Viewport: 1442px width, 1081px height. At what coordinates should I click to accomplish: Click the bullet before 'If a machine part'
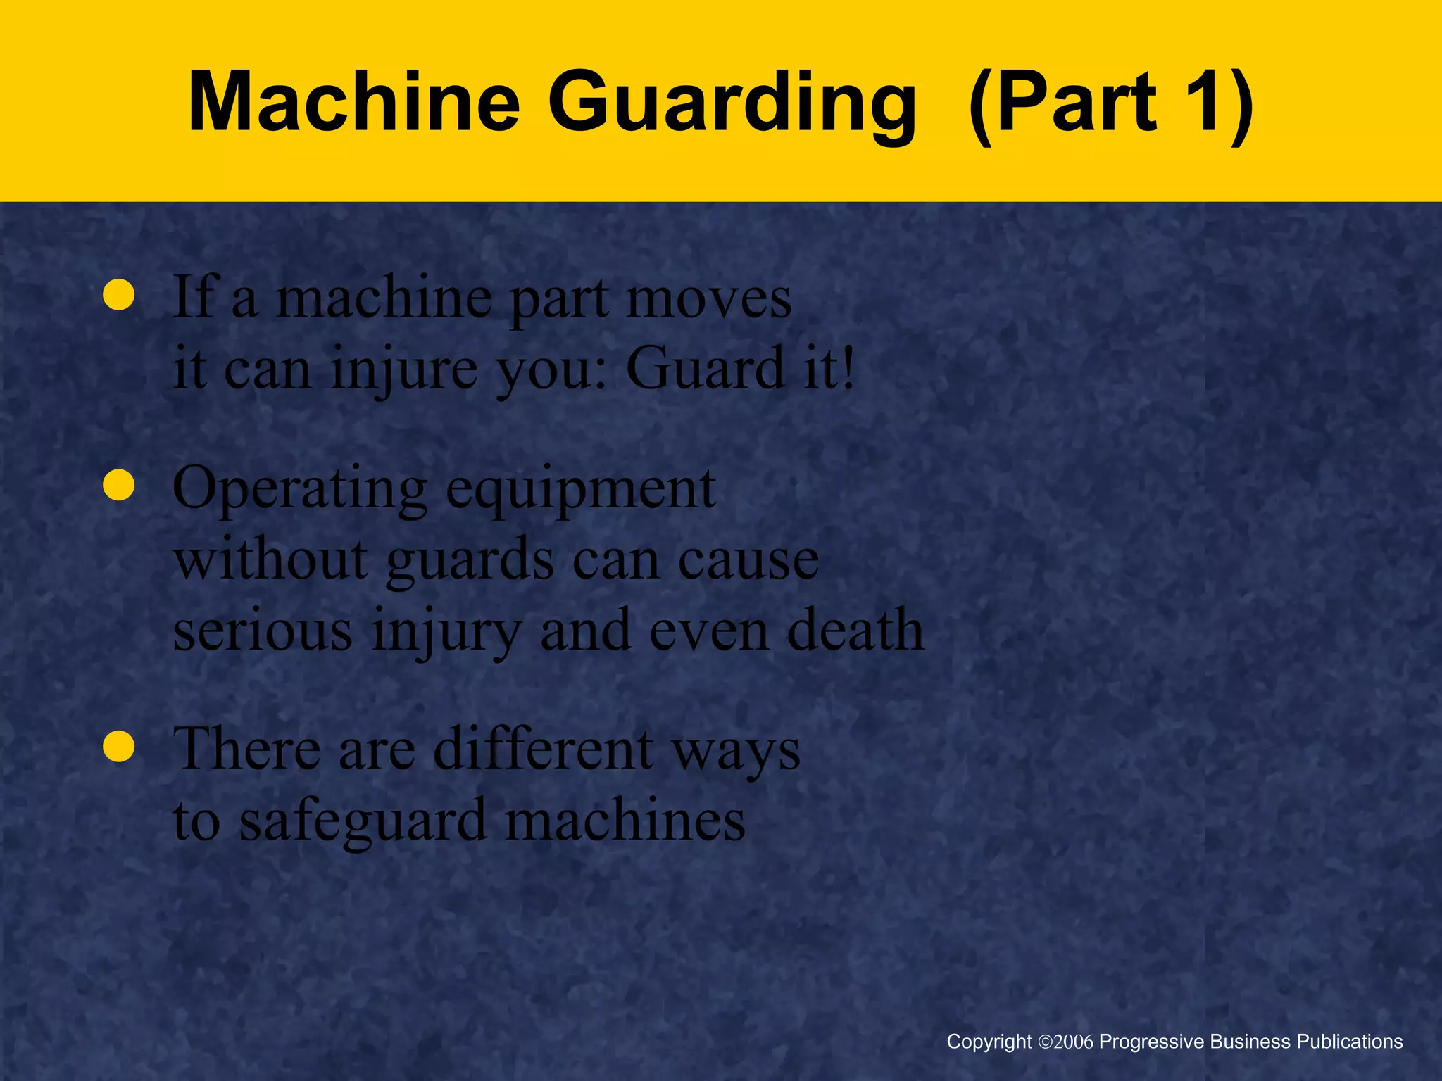118,296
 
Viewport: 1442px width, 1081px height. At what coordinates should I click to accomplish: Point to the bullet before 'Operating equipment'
118,486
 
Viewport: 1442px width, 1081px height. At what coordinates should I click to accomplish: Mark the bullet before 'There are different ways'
118,747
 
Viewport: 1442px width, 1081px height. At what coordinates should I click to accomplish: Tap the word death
855,630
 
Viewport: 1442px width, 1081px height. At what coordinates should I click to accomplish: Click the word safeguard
363,821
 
